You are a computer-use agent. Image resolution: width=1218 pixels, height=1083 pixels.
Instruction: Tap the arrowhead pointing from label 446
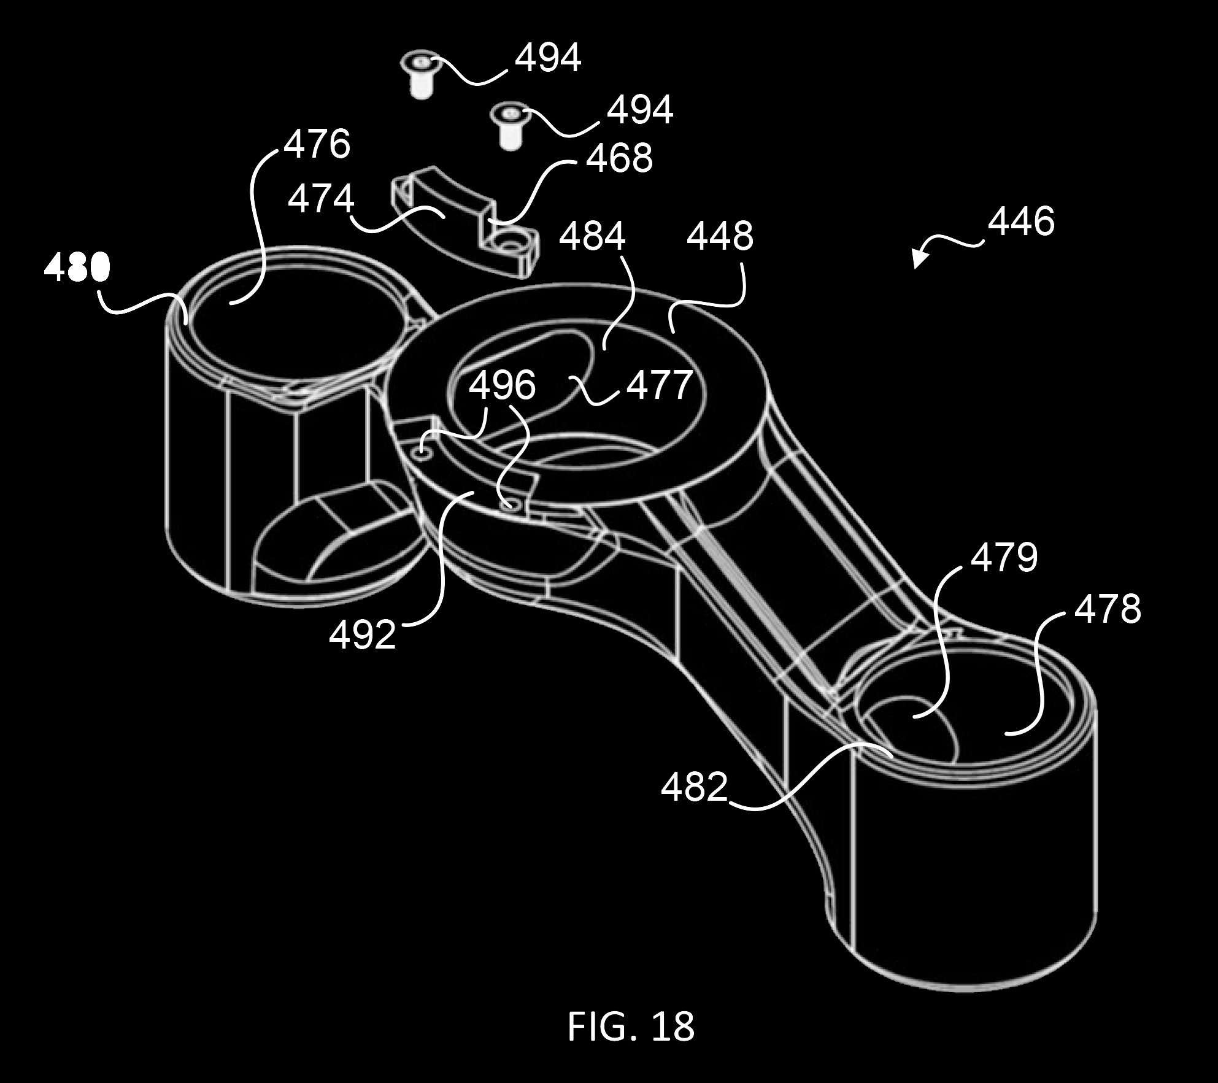point(919,258)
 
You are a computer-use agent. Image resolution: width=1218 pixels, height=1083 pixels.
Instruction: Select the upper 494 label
point(548,59)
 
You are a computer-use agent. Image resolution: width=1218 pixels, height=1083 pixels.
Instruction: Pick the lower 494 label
point(640,110)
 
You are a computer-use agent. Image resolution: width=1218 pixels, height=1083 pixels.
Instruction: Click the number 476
point(317,145)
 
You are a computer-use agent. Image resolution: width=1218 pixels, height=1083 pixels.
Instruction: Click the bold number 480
point(77,268)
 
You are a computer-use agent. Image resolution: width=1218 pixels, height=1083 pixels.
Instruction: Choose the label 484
point(592,237)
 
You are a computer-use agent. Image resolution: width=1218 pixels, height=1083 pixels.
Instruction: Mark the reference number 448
point(720,236)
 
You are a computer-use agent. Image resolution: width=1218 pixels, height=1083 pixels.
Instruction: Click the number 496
point(503,385)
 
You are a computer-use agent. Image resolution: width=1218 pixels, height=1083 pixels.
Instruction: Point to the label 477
point(660,385)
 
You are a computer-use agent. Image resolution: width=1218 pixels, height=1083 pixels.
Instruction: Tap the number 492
point(363,635)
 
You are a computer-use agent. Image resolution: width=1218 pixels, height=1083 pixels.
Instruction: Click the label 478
point(1108,609)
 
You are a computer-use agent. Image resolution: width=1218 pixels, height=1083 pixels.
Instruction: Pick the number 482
point(694,787)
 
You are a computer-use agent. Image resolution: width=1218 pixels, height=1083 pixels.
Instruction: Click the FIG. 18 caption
point(631,1026)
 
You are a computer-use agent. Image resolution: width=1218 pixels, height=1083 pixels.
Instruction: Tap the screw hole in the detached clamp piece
point(510,246)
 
